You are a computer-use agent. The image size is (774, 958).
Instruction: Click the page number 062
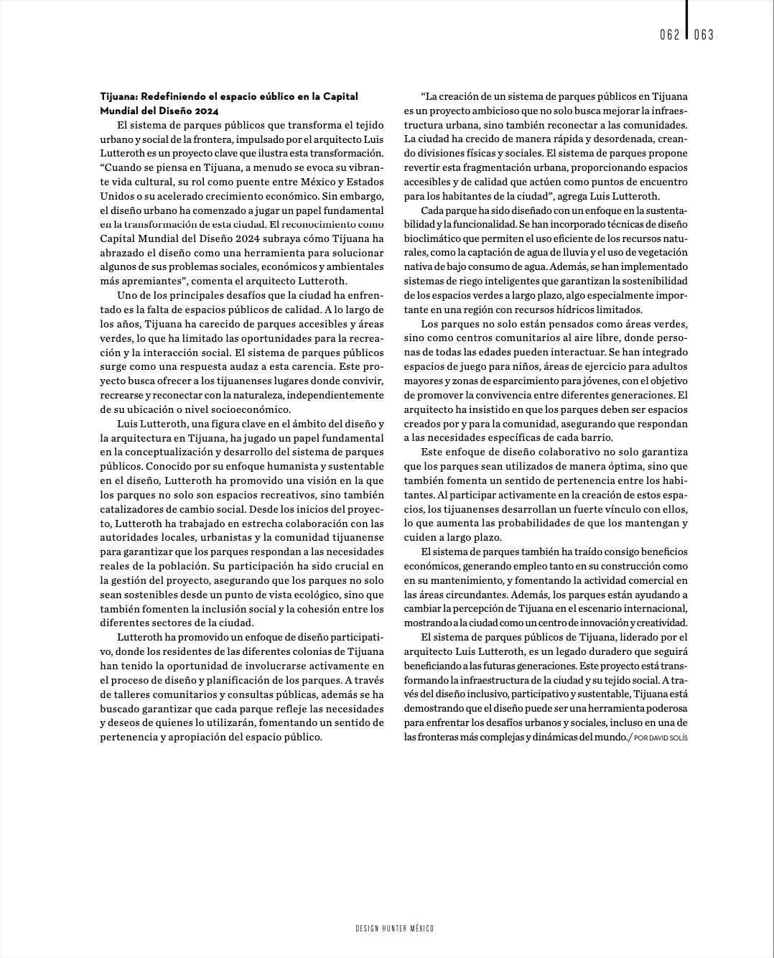tap(669, 35)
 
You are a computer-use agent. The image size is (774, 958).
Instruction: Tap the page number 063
tap(704, 35)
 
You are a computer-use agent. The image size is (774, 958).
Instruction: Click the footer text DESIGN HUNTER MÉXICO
tap(394, 929)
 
